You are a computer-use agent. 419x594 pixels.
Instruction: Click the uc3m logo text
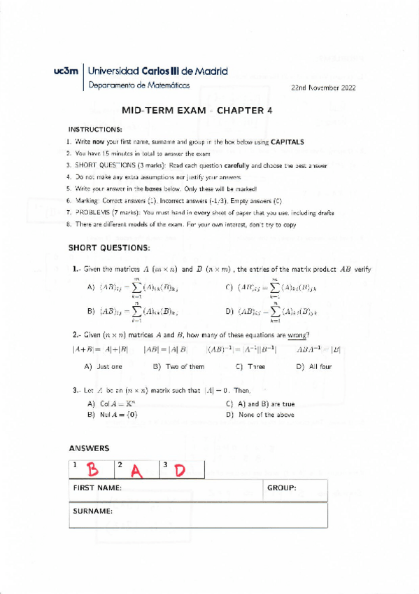[x=66, y=71]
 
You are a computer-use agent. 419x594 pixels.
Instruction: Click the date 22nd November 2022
[x=323, y=88]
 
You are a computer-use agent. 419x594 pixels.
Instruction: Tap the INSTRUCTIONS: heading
[x=95, y=130]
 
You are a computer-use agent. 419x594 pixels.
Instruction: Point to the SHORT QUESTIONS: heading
[x=108, y=248]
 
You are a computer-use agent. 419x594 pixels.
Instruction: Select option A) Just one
[x=103, y=366]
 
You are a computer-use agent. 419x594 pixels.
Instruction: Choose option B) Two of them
[x=178, y=366]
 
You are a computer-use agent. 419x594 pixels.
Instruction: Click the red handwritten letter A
[x=137, y=471]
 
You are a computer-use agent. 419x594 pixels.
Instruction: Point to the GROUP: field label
[x=282, y=488]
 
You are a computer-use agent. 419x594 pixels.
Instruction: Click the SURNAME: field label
[x=92, y=511]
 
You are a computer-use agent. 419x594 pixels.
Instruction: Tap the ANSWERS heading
[x=89, y=448]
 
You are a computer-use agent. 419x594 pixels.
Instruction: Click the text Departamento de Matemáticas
[x=139, y=85]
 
